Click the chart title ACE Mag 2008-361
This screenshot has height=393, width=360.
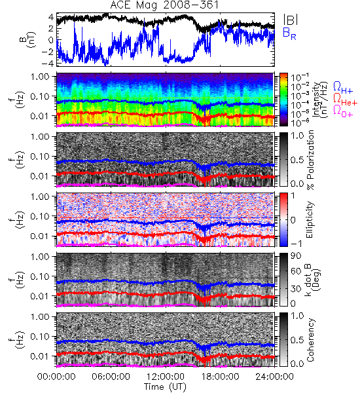[x=164, y=5]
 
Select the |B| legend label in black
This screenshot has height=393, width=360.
[x=291, y=20]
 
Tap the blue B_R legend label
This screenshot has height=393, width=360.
[x=289, y=33]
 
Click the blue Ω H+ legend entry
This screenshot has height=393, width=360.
[x=343, y=88]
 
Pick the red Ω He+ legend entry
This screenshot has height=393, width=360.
[x=345, y=100]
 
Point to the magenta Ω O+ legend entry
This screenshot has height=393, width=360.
[x=343, y=111]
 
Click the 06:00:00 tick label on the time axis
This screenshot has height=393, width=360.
[x=111, y=377]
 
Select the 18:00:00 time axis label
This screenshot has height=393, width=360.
[x=220, y=377]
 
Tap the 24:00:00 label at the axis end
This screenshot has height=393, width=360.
[x=274, y=377]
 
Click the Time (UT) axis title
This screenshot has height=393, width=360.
[x=165, y=387]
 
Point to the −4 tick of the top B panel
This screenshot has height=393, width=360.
[x=48, y=63]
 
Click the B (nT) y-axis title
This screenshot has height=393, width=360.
[x=29, y=39]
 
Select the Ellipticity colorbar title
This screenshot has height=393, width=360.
[x=310, y=219]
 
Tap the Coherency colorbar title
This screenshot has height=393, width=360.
[x=310, y=340]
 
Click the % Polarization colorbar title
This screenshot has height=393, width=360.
[x=310, y=160]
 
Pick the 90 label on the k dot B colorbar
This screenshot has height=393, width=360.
[x=296, y=256]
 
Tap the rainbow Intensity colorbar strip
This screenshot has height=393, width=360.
[x=283, y=100]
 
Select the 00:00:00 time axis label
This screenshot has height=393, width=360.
[x=56, y=377]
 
